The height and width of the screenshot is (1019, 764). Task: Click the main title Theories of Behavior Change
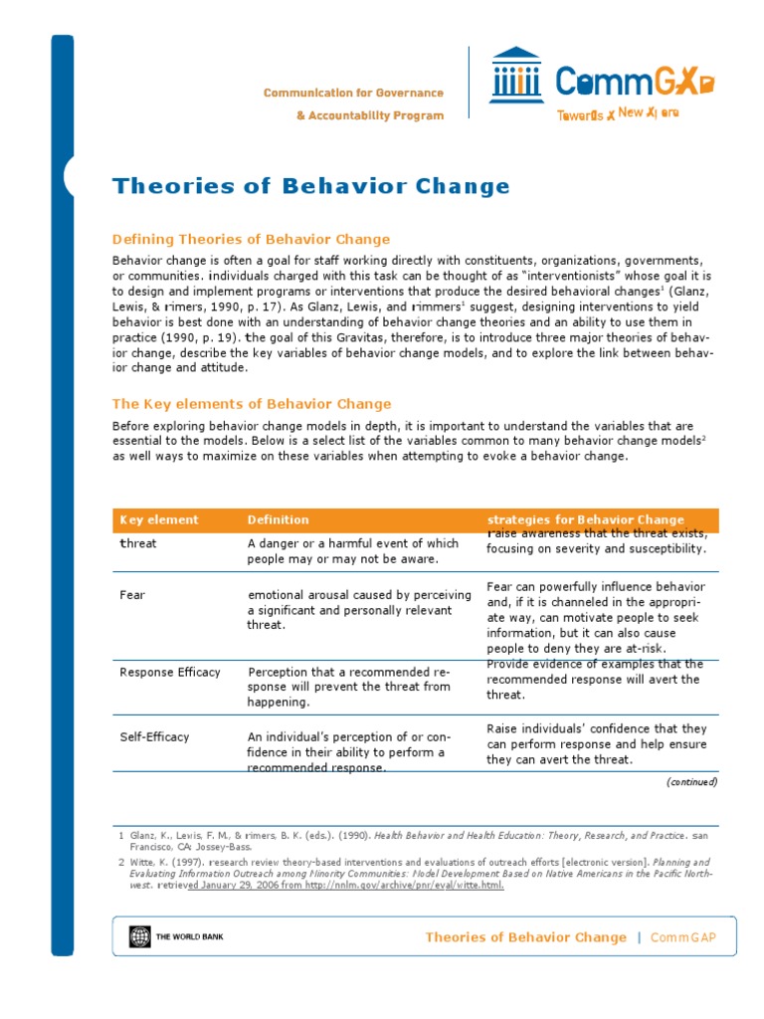310,186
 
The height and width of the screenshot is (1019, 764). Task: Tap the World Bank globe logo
137,936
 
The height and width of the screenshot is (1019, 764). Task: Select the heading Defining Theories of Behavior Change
251,239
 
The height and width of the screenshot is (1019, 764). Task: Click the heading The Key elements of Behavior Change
252,404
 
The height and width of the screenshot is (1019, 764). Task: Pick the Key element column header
159,519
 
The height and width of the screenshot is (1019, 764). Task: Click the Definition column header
278,519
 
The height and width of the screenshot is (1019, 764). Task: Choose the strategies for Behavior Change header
585,519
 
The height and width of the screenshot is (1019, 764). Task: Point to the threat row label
138,543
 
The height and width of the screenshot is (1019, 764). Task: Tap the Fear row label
132,595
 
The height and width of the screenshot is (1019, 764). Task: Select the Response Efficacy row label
170,672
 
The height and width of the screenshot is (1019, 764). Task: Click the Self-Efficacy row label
154,736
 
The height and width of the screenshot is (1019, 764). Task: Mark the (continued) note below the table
691,782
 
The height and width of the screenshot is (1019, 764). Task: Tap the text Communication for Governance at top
353,93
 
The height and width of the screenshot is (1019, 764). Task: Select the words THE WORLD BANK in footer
186,936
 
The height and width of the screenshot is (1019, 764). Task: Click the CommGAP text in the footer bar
683,937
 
